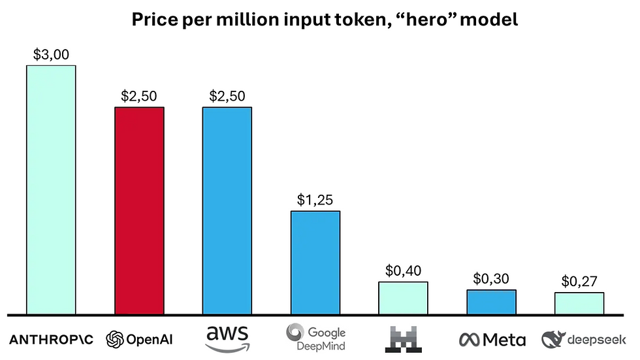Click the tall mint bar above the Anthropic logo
coord(51,189)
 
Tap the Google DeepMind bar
coord(315,262)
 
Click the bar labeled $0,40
coord(404,298)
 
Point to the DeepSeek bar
coord(579,303)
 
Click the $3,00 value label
coord(51,54)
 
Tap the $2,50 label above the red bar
coord(139,96)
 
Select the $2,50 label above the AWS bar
coord(227,96)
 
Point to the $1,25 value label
coord(315,200)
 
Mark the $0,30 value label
coord(491,279)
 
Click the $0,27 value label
coord(579,282)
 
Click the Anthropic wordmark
coord(51,339)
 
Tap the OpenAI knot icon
coord(115,339)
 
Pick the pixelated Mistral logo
coord(404,338)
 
